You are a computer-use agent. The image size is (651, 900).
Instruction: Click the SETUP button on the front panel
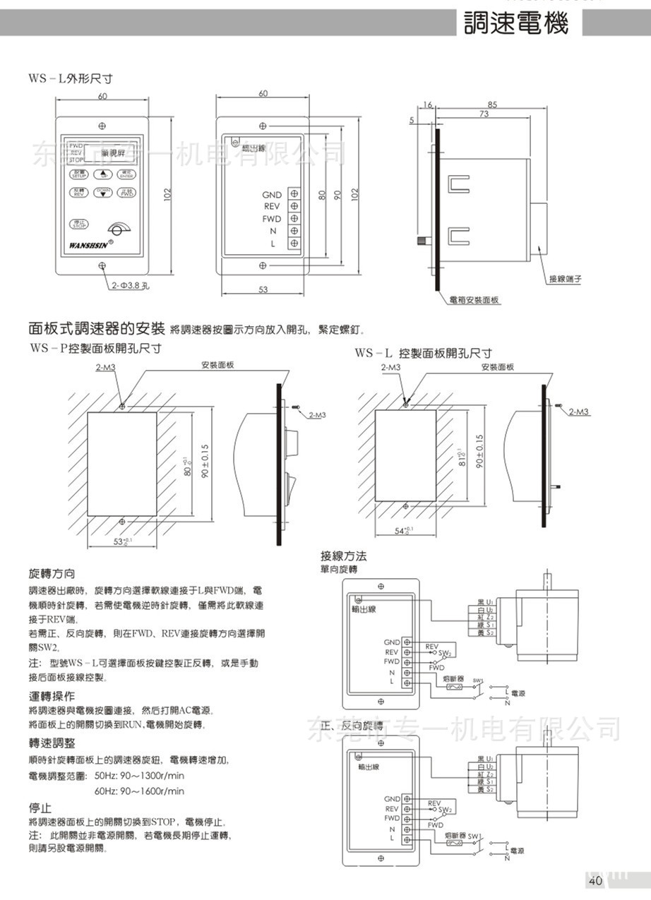78,174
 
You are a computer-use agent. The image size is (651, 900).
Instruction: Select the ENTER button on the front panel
126,174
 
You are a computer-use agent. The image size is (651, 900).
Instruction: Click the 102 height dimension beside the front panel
167,194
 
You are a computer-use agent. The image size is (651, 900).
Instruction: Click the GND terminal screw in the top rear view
293,195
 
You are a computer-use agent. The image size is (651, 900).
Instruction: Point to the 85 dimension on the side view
492,104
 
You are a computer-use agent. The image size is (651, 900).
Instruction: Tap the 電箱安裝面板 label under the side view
474,300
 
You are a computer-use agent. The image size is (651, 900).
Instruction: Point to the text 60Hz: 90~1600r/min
139,791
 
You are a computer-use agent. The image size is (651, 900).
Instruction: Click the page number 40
595,880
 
